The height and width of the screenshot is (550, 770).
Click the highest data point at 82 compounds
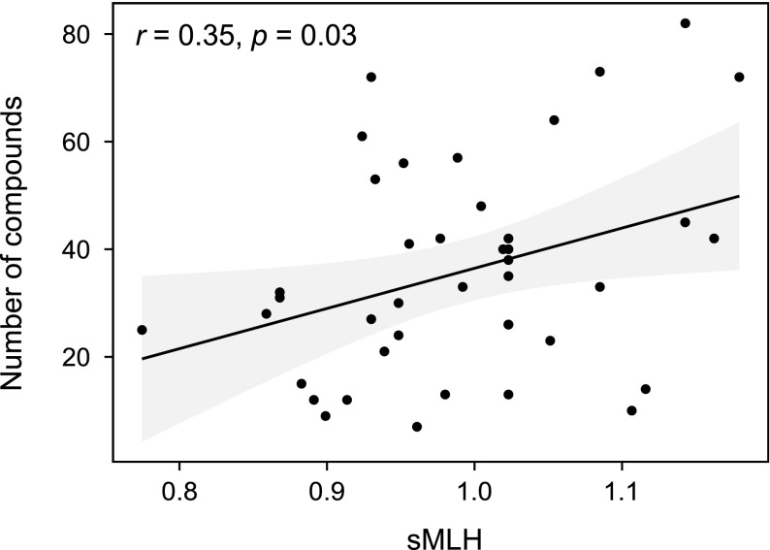coord(685,23)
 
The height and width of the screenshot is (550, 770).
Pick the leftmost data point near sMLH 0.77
coord(142,330)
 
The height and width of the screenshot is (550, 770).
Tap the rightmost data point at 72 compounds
coord(739,77)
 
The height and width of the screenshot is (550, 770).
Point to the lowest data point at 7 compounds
coord(417,427)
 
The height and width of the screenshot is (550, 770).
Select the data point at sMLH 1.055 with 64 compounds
coord(554,120)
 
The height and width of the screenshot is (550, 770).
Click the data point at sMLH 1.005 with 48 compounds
coord(481,207)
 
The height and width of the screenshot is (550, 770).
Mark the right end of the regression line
coord(739,196)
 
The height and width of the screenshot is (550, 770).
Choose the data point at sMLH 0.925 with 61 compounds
coord(362,137)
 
